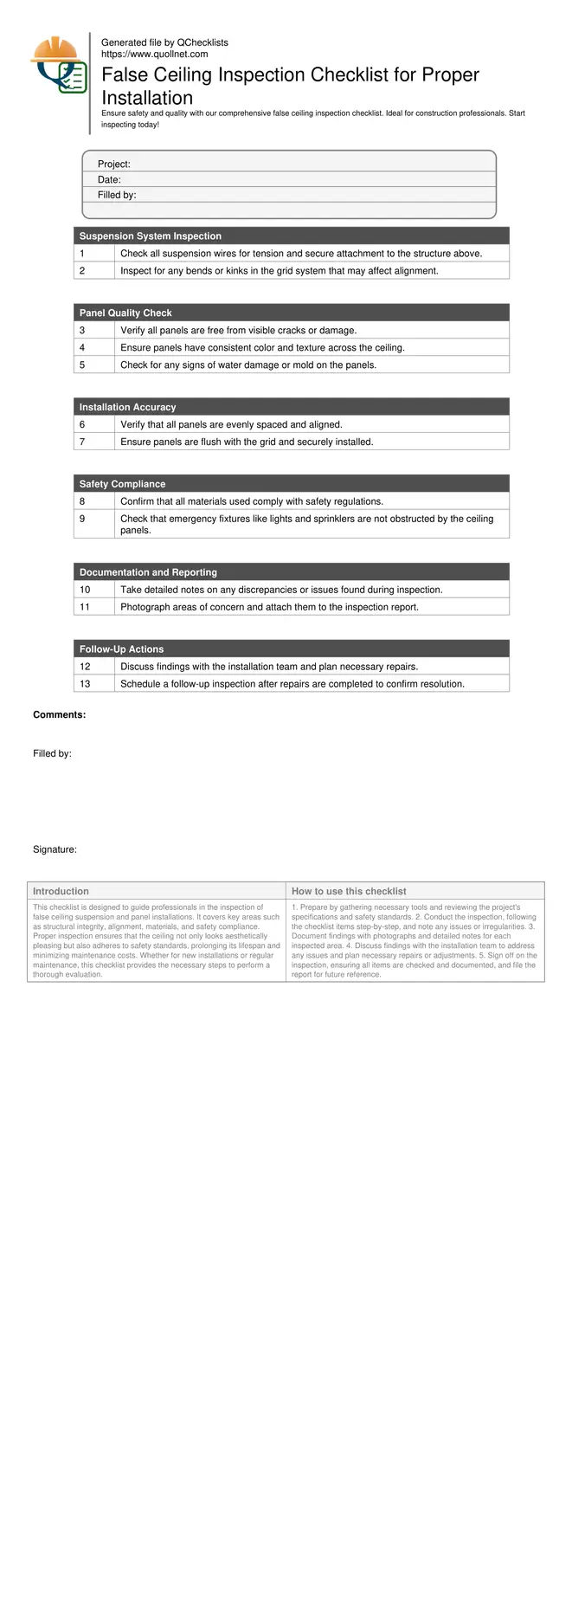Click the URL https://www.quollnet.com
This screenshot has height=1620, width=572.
pos(154,54)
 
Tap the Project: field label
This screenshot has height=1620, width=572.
pos(113,165)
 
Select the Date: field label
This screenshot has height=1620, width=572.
pos(109,180)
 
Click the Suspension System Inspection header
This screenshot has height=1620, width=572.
pos(150,236)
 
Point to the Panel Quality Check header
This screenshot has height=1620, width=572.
pos(125,313)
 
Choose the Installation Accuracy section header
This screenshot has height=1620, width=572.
pos(127,407)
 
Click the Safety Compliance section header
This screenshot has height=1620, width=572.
pos(122,484)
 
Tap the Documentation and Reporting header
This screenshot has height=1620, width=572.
pos(148,572)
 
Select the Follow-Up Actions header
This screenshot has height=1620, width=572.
pos(121,649)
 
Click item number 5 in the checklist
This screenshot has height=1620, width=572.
pos(82,365)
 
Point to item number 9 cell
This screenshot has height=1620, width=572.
pos(82,519)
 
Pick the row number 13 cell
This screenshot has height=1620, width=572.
pos(85,684)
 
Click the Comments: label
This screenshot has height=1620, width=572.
pos(59,715)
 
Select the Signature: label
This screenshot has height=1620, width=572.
pos(55,849)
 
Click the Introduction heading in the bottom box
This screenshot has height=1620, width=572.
pos(61,891)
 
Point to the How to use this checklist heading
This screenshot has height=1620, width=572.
pos(349,891)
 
